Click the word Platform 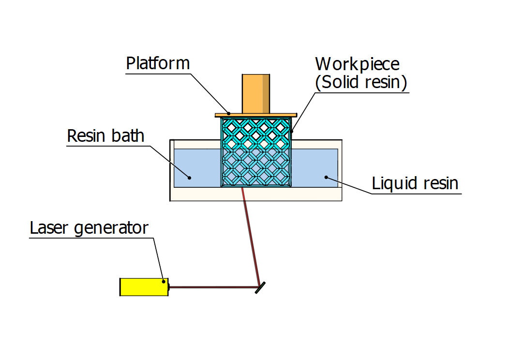(x=158, y=63)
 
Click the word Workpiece (x=357, y=64)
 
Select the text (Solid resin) (x=360, y=82)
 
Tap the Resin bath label (x=105, y=135)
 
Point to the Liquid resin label (x=415, y=184)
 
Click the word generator (x=111, y=228)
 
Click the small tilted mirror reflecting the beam (x=260, y=288)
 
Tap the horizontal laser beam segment (x=213, y=287)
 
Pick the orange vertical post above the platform (x=255, y=93)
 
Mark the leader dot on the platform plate (x=229, y=113)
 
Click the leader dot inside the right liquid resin (x=327, y=177)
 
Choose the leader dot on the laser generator (x=164, y=281)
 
